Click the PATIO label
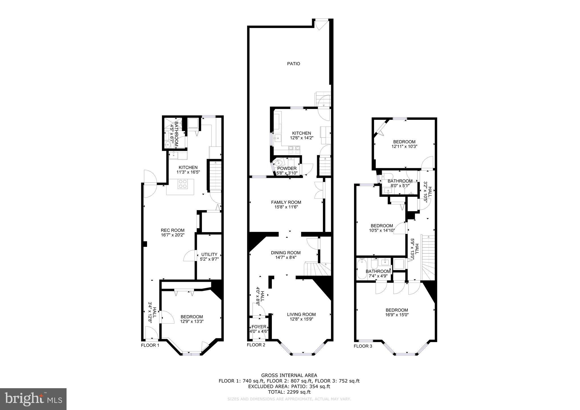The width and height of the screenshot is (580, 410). pyautogui.click(x=293, y=64)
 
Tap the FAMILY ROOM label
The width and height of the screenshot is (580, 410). pyautogui.click(x=286, y=202)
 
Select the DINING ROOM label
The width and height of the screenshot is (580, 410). pyautogui.click(x=286, y=253)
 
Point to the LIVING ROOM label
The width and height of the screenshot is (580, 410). pyautogui.click(x=301, y=314)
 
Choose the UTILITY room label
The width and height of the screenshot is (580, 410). pyautogui.click(x=209, y=254)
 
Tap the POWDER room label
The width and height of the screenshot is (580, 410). pyautogui.click(x=287, y=168)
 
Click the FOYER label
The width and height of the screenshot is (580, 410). pyautogui.click(x=259, y=327)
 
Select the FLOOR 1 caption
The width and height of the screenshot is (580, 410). pyautogui.click(x=150, y=345)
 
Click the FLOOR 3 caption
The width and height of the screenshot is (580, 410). pyautogui.click(x=363, y=346)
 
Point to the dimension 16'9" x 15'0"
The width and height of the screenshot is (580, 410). pyautogui.click(x=396, y=315)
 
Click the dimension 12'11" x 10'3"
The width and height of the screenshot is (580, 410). pyautogui.click(x=404, y=146)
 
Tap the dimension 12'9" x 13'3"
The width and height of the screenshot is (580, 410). pyautogui.click(x=192, y=321)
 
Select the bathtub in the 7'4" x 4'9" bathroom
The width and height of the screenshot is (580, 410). pyautogui.click(x=362, y=269)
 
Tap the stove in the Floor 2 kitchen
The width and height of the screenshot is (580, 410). pyautogui.click(x=294, y=150)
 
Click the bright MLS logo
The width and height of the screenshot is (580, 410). pyautogui.click(x=33, y=399)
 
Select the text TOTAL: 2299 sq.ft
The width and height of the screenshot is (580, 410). pyautogui.click(x=289, y=392)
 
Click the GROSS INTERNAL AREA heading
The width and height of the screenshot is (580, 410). pyautogui.click(x=289, y=376)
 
